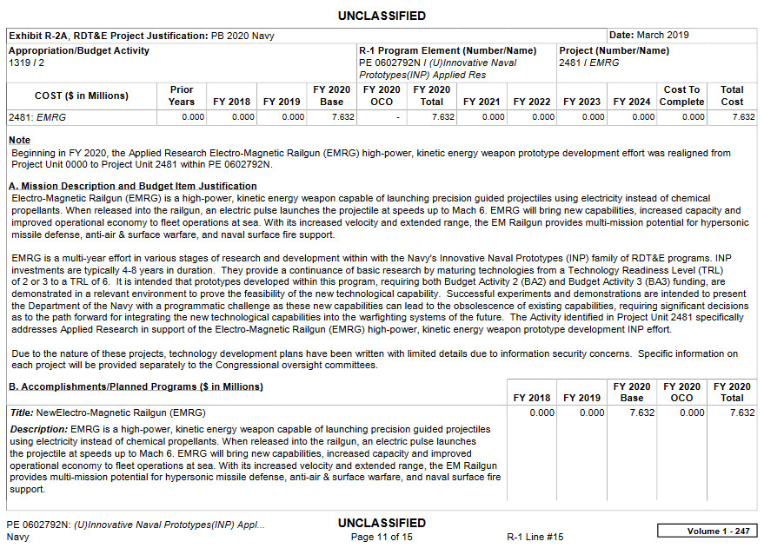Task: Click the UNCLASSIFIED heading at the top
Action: (x=382, y=16)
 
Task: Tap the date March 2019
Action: (x=664, y=35)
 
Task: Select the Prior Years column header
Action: (x=181, y=96)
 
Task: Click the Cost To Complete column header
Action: (x=681, y=96)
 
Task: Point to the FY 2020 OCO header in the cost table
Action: (x=382, y=96)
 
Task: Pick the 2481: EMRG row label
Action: (x=37, y=117)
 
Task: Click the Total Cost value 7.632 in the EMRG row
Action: (x=743, y=117)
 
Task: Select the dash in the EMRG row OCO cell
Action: (x=396, y=117)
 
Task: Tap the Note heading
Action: (x=19, y=140)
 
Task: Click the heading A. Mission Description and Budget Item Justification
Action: (x=132, y=186)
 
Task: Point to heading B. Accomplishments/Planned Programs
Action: (x=136, y=386)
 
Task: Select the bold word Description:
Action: (x=38, y=429)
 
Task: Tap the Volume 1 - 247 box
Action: (x=707, y=531)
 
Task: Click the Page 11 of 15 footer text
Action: (x=382, y=537)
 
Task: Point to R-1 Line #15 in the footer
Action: (x=535, y=537)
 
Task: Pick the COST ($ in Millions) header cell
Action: (x=82, y=96)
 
